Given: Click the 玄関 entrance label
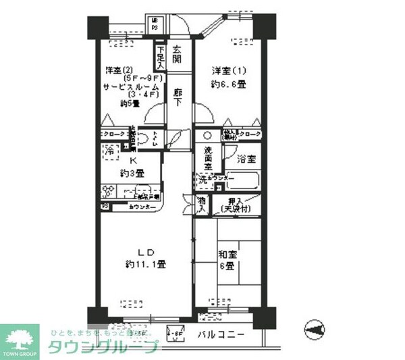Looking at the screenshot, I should pos(177,55).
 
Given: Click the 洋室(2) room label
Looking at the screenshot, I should pos(118,70).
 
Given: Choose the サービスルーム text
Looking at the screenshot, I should pos(130,87).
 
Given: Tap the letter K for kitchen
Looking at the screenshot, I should pos(132,161).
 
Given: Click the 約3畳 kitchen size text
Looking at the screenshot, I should pos(132,174).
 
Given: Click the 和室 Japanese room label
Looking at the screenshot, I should pos(226,255).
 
